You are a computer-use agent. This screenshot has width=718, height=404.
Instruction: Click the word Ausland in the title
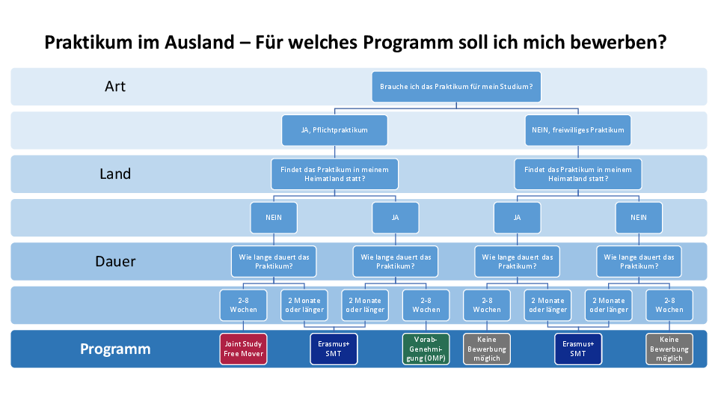199,43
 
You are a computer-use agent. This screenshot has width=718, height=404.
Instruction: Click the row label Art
115,86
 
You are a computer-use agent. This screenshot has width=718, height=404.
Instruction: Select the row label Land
115,174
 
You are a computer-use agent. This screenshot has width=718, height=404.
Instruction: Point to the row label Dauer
115,261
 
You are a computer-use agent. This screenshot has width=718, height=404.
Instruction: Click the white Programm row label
115,349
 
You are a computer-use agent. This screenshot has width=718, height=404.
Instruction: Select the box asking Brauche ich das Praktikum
456,87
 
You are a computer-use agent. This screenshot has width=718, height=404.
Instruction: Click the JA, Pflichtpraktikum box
334,130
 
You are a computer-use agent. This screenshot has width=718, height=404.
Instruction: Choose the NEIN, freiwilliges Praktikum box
578,130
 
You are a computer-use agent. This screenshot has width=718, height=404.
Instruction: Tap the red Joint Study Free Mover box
243,349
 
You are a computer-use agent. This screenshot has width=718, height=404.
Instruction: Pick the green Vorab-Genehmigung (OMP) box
426,349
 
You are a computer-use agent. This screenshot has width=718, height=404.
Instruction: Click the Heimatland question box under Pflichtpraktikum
334,174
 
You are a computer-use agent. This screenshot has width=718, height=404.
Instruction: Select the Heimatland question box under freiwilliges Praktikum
578,174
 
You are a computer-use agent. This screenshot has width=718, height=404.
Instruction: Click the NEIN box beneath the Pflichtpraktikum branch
274,218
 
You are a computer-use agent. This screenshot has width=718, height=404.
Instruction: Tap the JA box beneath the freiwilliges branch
517,218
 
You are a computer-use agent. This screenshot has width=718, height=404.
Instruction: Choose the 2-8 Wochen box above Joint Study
243,305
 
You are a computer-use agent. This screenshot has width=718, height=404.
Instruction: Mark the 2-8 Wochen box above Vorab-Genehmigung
426,305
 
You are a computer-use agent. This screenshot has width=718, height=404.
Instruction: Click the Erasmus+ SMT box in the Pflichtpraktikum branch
334,349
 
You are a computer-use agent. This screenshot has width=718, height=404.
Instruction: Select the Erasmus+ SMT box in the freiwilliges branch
578,349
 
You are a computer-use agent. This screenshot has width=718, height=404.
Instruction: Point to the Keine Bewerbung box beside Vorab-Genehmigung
487,349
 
